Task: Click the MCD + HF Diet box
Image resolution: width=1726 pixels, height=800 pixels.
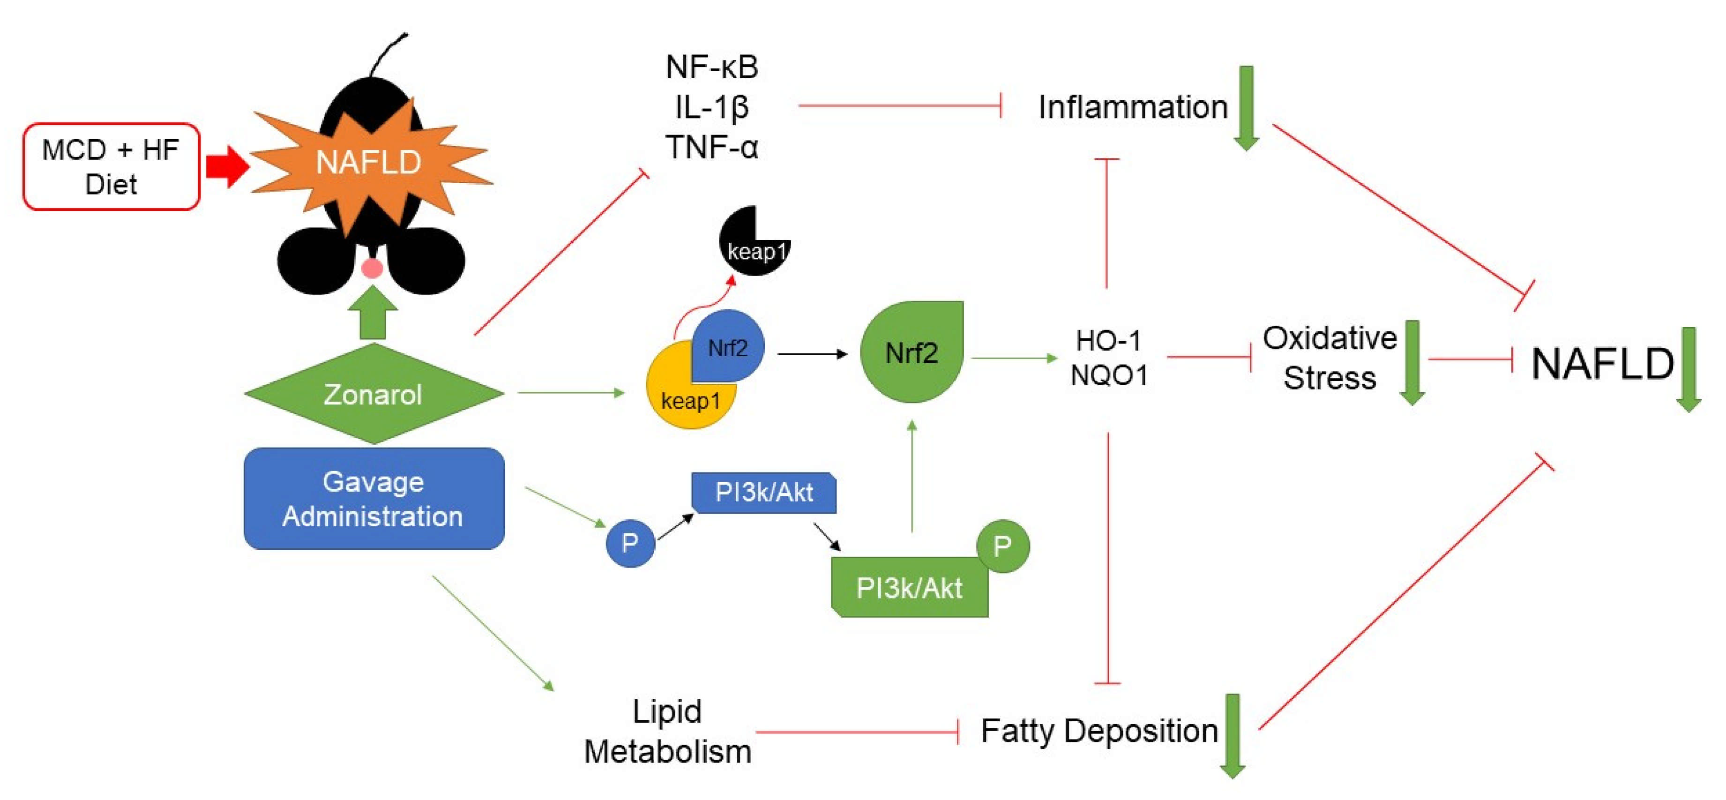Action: click(x=111, y=167)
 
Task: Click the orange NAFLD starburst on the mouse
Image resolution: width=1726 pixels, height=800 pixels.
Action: click(x=368, y=162)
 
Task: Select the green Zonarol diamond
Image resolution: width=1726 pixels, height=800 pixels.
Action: click(x=373, y=394)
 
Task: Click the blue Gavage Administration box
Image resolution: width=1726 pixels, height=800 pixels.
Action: click(x=373, y=499)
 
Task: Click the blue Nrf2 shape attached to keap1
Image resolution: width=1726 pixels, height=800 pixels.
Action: click(x=729, y=345)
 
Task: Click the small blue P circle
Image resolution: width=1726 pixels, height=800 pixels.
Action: click(x=630, y=543)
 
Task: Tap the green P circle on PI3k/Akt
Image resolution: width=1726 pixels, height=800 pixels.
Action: click(x=1002, y=546)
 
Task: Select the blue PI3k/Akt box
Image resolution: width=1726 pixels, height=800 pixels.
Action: click(x=764, y=493)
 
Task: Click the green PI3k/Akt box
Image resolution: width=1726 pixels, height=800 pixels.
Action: click(x=909, y=588)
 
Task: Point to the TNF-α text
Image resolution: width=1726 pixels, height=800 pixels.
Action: click(x=711, y=147)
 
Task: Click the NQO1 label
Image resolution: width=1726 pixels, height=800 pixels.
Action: click(x=1109, y=375)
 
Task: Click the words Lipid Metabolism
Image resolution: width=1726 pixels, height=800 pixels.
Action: click(x=667, y=732)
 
